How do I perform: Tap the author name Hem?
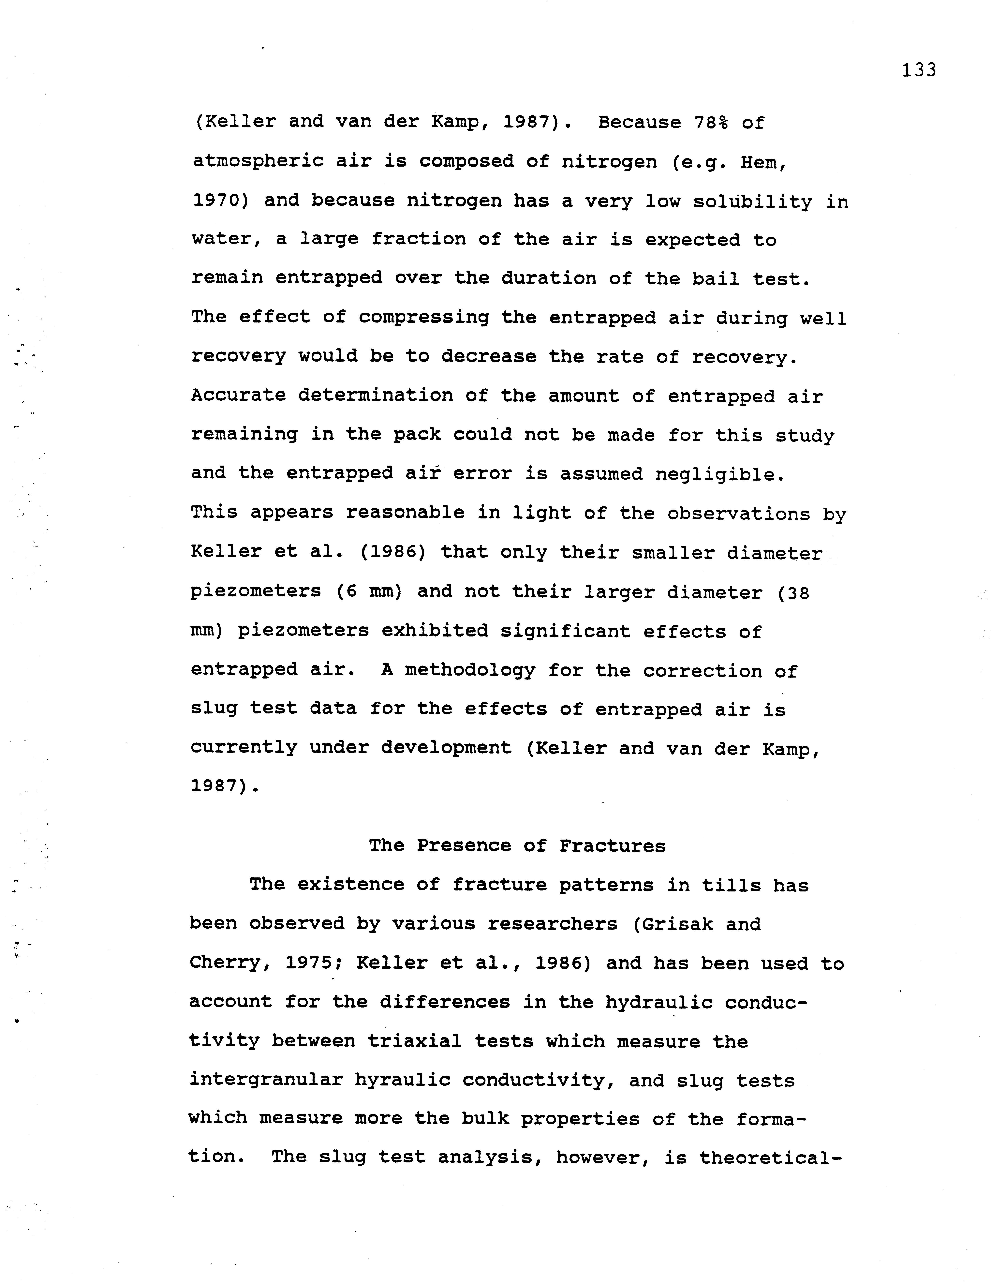762,162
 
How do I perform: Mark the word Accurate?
238,395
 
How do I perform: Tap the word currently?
244,747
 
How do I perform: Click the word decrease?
489,357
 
